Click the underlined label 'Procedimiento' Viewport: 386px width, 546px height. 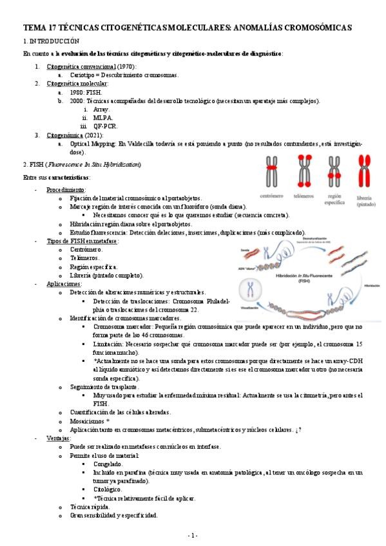click(65, 190)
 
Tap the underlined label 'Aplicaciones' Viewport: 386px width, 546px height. click(63, 283)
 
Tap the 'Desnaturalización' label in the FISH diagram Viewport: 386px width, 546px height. click(317, 238)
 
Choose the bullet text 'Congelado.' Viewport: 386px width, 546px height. click(108, 463)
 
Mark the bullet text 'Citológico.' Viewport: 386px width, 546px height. click(108, 489)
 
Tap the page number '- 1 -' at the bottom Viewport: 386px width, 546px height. click(193, 535)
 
